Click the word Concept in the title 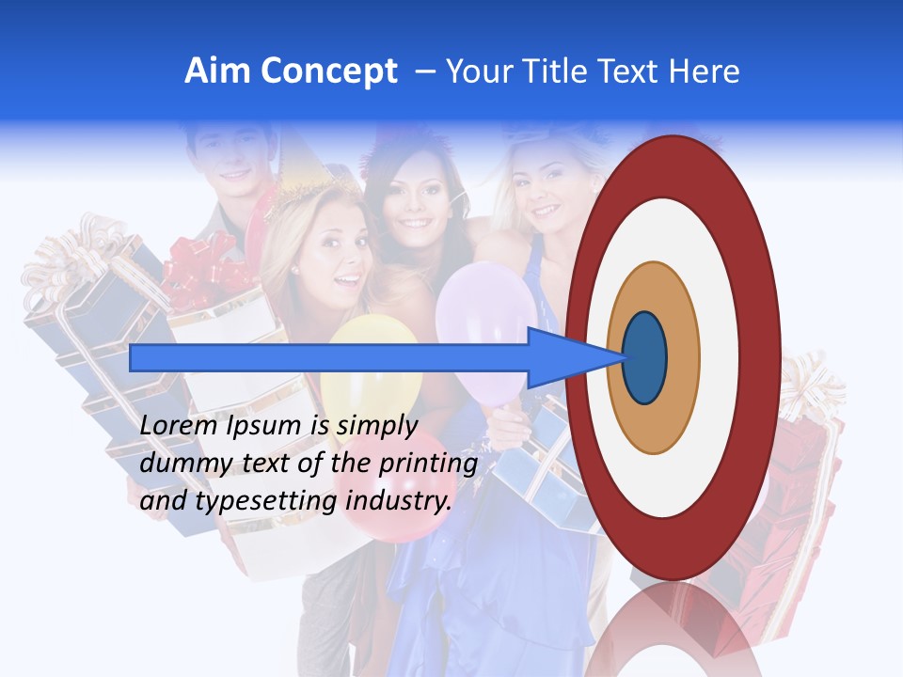coord(327,71)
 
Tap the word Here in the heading coord(704,71)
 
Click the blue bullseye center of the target coord(644,357)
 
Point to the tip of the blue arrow coord(624,357)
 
